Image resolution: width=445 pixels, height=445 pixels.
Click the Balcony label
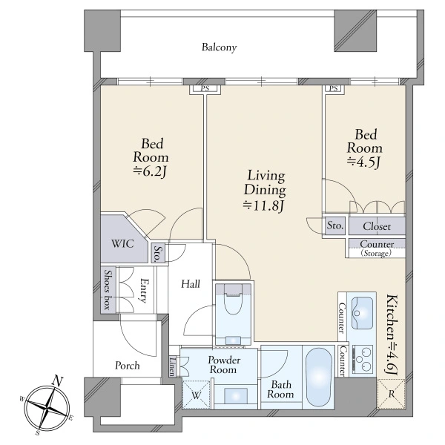click(x=219, y=47)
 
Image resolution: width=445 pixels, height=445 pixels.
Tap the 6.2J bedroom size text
click(x=150, y=172)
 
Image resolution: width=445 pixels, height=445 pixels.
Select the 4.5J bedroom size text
click(x=364, y=162)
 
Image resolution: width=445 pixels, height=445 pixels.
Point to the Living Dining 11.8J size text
click(x=263, y=205)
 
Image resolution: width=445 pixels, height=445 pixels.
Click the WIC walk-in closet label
click(x=122, y=244)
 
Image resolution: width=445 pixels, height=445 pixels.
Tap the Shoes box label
click(x=108, y=289)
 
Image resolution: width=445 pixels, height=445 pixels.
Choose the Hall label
click(x=191, y=284)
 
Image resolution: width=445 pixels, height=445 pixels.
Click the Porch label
click(x=128, y=366)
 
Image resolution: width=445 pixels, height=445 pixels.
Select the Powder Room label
click(x=224, y=365)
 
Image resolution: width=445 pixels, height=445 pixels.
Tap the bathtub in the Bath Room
click(x=319, y=378)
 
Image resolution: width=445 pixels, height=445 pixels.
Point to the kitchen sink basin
click(x=362, y=313)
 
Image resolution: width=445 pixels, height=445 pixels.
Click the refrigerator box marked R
click(x=391, y=395)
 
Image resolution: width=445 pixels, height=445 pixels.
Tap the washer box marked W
click(x=196, y=395)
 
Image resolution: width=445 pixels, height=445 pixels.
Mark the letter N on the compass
click(x=59, y=381)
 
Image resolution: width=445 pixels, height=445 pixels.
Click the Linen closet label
click(x=173, y=366)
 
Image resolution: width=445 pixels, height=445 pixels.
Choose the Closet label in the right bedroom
click(x=377, y=226)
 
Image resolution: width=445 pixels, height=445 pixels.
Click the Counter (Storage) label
click(x=377, y=248)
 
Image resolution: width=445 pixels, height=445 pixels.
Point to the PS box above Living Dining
click(x=205, y=88)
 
